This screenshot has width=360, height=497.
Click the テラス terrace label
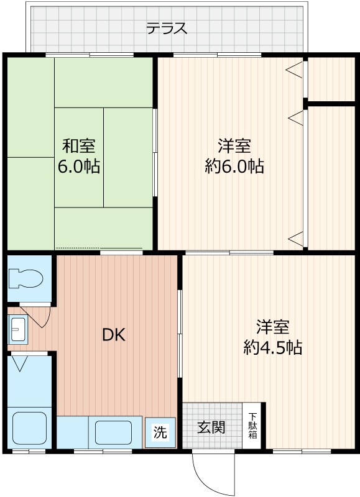tap(167, 29)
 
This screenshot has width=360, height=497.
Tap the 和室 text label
tap(78, 147)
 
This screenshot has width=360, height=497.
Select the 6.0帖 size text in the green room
tap(79, 167)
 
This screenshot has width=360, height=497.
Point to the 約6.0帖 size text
tap(234, 166)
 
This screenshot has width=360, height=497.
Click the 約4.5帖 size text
tap(272, 348)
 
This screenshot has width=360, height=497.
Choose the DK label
tap(114, 335)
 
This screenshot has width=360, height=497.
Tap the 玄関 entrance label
tap(211, 427)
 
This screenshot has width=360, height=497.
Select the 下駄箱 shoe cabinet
tap(254, 426)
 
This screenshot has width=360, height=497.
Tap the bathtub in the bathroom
tap(29, 427)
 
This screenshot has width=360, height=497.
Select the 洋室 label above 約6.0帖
tap(234, 147)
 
